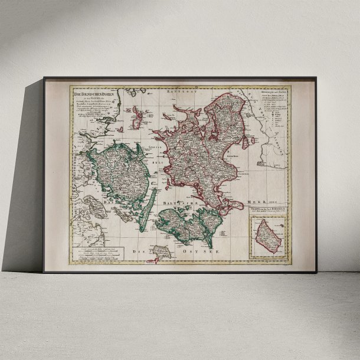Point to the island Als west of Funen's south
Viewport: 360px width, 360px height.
pos(94,207)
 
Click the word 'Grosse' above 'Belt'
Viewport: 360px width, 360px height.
pos(154,145)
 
